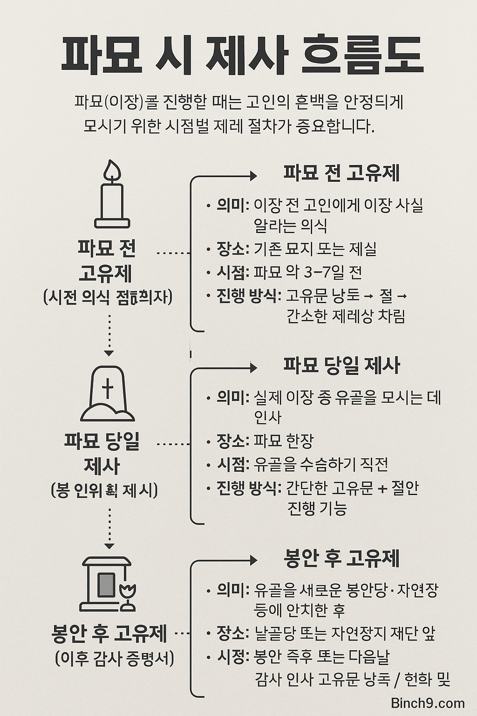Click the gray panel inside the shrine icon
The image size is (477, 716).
pyautogui.click(x=106, y=585)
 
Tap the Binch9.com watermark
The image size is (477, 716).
pyautogui.click(x=428, y=703)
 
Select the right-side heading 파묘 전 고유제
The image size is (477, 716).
pyautogui.click(x=341, y=173)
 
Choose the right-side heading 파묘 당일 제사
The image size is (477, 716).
pyautogui.click(x=341, y=366)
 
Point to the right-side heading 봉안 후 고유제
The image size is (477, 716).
pyautogui.click(x=341, y=558)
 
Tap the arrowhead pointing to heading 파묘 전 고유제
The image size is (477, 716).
pyautogui.click(x=253, y=176)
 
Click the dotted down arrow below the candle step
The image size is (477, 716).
pyautogui.click(x=109, y=335)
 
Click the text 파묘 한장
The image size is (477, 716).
pyautogui.click(x=284, y=441)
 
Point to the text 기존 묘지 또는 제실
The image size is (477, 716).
pyautogui.click(x=315, y=249)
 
